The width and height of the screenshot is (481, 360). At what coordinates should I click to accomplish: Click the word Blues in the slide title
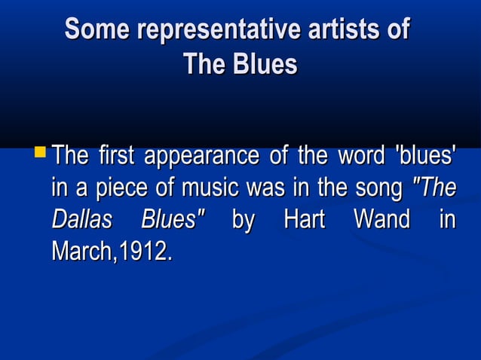click(x=262, y=64)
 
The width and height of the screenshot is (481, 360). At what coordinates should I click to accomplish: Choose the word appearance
click(x=200, y=158)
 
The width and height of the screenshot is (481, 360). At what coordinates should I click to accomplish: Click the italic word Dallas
click(x=81, y=220)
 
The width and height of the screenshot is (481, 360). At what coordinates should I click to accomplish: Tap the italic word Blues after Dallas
click(x=173, y=220)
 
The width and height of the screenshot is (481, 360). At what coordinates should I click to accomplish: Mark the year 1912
click(x=144, y=251)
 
